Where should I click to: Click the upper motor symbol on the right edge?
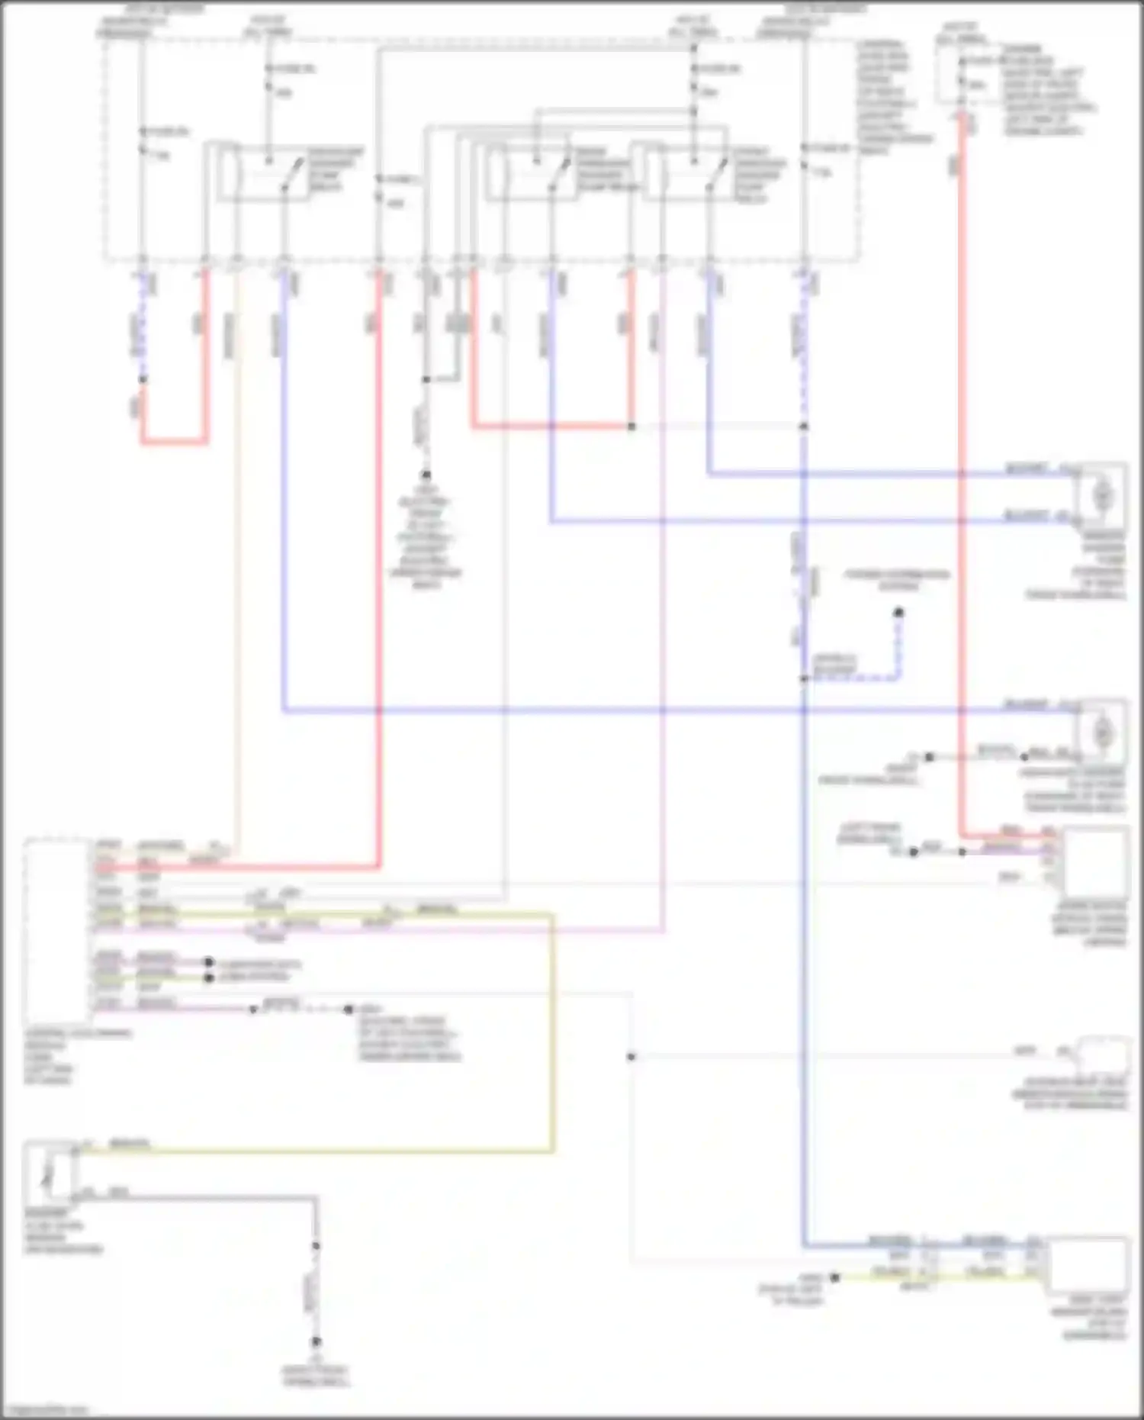(1101, 496)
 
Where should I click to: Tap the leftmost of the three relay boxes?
(264, 172)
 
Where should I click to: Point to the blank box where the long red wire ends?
(1095, 861)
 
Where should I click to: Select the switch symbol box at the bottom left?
(50, 1171)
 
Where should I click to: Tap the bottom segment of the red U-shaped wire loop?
(174, 441)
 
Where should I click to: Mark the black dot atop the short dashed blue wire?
(898, 612)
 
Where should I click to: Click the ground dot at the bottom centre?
(316, 1341)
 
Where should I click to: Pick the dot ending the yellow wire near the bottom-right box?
(835, 1277)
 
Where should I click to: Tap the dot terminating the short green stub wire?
(209, 977)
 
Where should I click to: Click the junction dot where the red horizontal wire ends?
(631, 427)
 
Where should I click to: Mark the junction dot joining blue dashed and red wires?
(143, 379)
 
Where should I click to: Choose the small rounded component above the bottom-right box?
(1101, 1055)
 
